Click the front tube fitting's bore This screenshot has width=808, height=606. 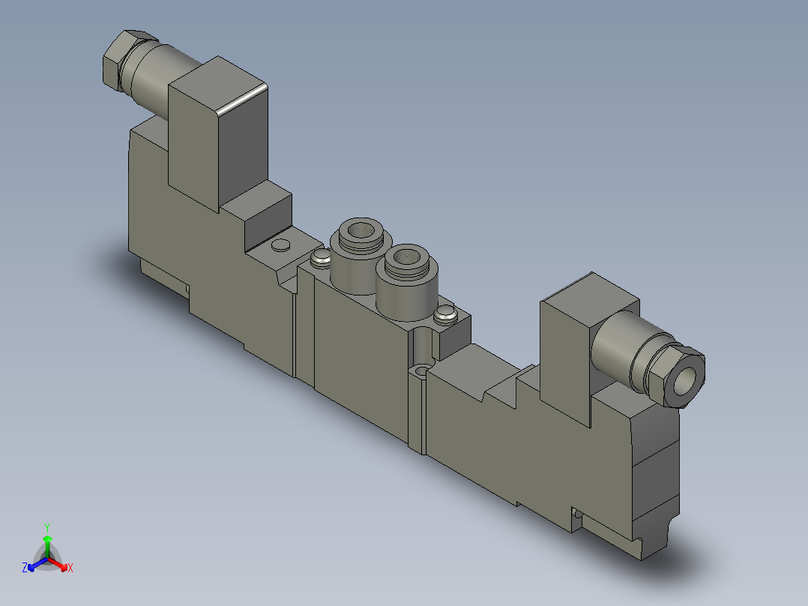click(x=408, y=259)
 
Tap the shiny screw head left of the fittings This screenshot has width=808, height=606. click(x=320, y=259)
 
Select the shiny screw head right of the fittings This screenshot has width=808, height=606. click(x=446, y=313)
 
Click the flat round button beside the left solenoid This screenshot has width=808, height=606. click(x=282, y=245)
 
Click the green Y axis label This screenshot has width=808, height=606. click(x=46, y=527)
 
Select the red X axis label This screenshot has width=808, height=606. click(x=70, y=568)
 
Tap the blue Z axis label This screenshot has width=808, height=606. click(x=25, y=568)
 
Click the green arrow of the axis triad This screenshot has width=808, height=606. click(x=47, y=541)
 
